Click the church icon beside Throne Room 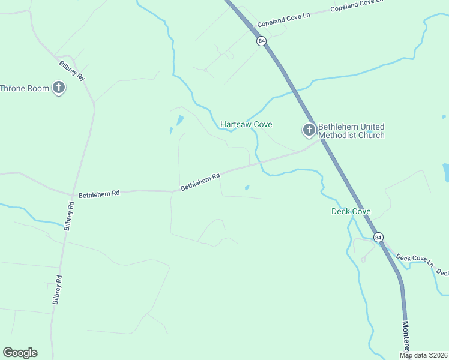[59, 88]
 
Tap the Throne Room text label [25, 88]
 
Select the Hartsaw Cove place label [246, 125]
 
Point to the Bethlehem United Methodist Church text [351, 131]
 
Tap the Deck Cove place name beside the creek [351, 212]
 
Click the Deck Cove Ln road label [414, 259]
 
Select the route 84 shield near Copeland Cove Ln [261, 41]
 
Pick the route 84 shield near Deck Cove [378, 238]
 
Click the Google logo [20, 353]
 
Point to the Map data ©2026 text [424, 355]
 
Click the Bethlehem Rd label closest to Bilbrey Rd [99, 194]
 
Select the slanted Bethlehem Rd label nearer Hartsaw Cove [200, 181]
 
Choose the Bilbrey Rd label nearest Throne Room [72, 70]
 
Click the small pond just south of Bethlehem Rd [247, 188]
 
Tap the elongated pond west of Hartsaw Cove [179, 121]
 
